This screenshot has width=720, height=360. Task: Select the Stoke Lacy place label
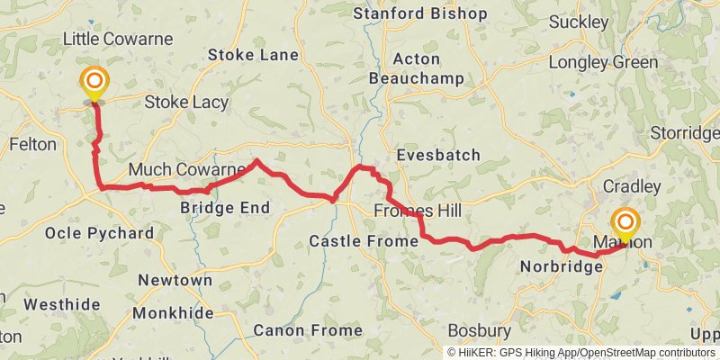(x=186, y=103)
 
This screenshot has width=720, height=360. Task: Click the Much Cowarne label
(x=186, y=170)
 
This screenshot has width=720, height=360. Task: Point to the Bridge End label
(x=225, y=208)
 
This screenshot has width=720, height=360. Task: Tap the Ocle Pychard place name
(x=99, y=233)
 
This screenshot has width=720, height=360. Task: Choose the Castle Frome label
(x=364, y=241)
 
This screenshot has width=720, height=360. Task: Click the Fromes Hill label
(x=417, y=211)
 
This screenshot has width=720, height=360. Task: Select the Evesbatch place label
(x=438, y=155)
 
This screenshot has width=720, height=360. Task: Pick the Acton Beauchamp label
(x=417, y=69)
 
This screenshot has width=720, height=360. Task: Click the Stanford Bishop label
(x=419, y=13)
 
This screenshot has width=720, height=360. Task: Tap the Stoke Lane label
(x=253, y=55)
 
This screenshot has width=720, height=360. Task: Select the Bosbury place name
(x=479, y=330)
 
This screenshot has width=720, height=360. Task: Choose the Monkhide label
(x=173, y=313)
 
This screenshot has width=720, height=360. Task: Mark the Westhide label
(x=62, y=304)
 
